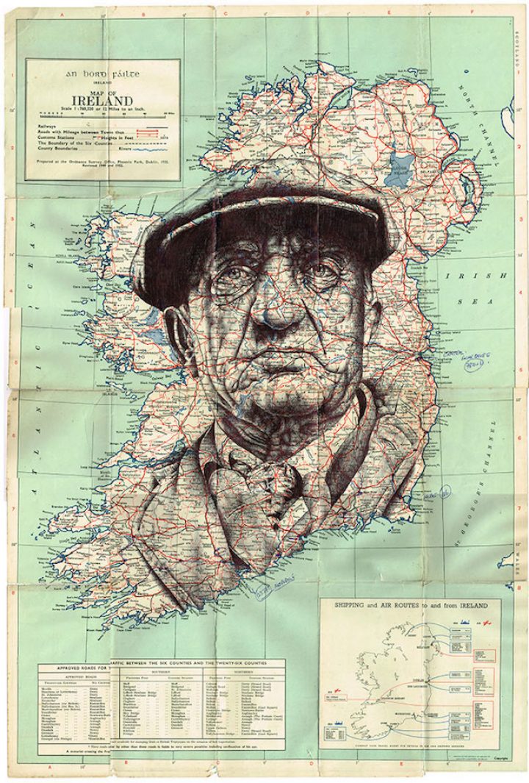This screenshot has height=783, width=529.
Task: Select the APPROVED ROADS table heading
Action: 71,671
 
